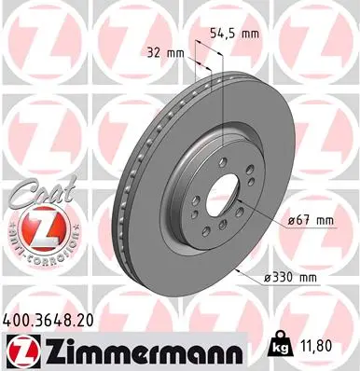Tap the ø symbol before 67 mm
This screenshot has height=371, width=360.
(284, 220)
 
